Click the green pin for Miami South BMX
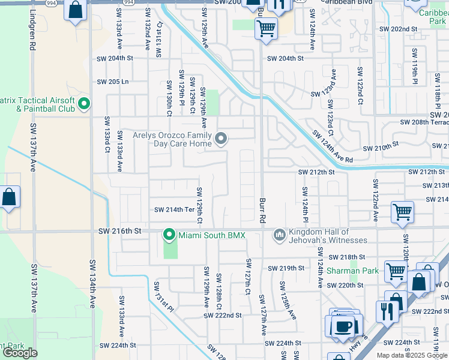click(x=170, y=235)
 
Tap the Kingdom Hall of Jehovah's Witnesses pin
click(x=279, y=235)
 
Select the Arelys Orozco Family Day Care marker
click(x=221, y=139)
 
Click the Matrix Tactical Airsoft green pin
click(x=84, y=104)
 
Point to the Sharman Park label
click(x=352, y=271)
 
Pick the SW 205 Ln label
click(x=113, y=82)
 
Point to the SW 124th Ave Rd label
click(x=332, y=147)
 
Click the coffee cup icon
click(x=344, y=326)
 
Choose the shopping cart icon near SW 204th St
click(x=266, y=27)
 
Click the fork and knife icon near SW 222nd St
click(x=385, y=310)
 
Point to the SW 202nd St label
click(x=398, y=29)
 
